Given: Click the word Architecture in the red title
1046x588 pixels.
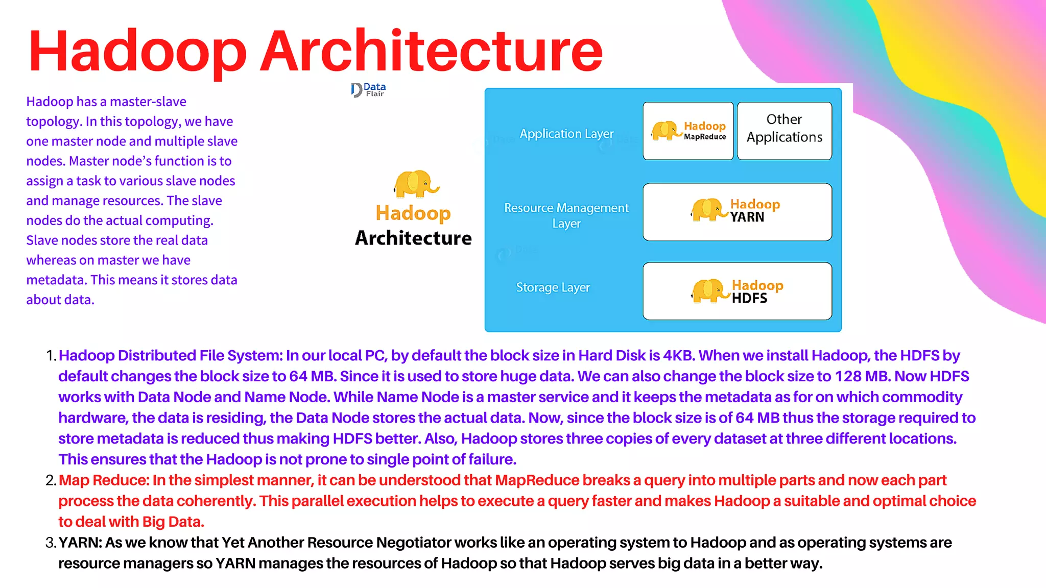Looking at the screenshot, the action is [x=432, y=51].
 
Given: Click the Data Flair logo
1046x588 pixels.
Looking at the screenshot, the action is [x=368, y=90].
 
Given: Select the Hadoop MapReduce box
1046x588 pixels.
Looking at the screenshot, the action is [x=688, y=131].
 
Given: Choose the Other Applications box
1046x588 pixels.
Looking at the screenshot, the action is [x=784, y=131].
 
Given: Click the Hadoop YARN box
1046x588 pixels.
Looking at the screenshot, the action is [x=737, y=212].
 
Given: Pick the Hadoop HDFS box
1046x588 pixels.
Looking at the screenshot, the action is [x=737, y=291].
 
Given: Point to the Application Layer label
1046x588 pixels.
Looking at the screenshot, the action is [x=566, y=134].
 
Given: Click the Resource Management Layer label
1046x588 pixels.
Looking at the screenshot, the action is [x=566, y=215].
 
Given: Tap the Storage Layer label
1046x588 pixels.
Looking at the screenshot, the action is [x=553, y=287].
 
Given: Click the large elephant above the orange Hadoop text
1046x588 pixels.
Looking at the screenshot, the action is [x=415, y=184].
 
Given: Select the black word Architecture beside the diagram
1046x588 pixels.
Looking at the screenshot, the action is [x=413, y=238].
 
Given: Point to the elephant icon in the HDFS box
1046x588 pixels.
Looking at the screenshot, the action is [x=710, y=290].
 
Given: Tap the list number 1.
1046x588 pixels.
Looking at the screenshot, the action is [x=50, y=356].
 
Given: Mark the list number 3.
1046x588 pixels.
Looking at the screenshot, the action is [x=50, y=543].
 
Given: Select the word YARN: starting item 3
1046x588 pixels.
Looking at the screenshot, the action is [x=80, y=543].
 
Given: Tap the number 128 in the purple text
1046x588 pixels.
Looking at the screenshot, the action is [x=848, y=377].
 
